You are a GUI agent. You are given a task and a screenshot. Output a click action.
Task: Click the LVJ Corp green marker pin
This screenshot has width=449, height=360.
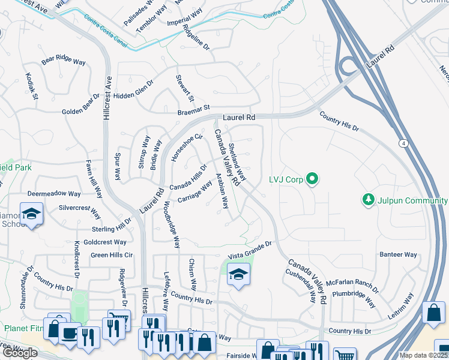312,178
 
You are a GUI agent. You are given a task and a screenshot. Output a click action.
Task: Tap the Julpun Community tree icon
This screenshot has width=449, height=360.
369,199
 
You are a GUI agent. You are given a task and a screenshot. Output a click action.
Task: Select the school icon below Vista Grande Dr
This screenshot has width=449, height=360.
238,275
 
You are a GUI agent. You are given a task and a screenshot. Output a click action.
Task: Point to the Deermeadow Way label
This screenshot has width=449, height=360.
54,194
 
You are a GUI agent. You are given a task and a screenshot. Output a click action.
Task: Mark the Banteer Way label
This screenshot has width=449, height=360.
398,254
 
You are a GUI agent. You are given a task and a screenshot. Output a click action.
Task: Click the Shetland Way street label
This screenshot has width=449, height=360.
237,162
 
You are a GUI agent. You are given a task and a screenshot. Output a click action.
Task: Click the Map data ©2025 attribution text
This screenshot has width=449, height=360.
424,355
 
